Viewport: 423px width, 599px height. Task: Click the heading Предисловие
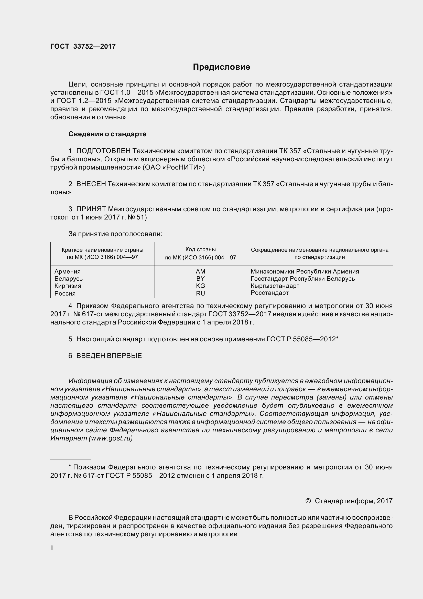(x=221, y=67)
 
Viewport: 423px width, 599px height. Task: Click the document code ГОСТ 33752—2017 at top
(x=83, y=46)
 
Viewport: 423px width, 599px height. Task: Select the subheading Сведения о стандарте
(x=107, y=134)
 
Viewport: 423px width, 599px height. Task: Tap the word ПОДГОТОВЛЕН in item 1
(x=103, y=151)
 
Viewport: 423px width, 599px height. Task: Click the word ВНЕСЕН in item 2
(x=91, y=184)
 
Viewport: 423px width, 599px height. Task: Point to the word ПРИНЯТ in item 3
(x=91, y=209)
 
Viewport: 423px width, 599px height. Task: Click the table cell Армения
(x=68, y=271)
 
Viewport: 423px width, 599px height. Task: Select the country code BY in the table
(x=200, y=278)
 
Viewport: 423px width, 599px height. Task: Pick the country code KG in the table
(x=200, y=286)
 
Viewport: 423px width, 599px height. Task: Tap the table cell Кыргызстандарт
(x=275, y=286)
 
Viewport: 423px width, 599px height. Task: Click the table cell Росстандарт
(x=269, y=293)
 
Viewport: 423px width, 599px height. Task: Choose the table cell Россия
(x=65, y=293)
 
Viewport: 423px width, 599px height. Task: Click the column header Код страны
(x=200, y=249)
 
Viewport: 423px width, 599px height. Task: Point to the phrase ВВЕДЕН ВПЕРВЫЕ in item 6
(x=109, y=356)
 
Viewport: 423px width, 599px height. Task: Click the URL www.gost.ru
(x=111, y=438)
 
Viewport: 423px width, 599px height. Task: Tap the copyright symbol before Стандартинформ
(x=308, y=501)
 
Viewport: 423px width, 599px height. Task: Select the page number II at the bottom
(x=52, y=548)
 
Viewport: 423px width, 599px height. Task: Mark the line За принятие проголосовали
(x=115, y=234)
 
